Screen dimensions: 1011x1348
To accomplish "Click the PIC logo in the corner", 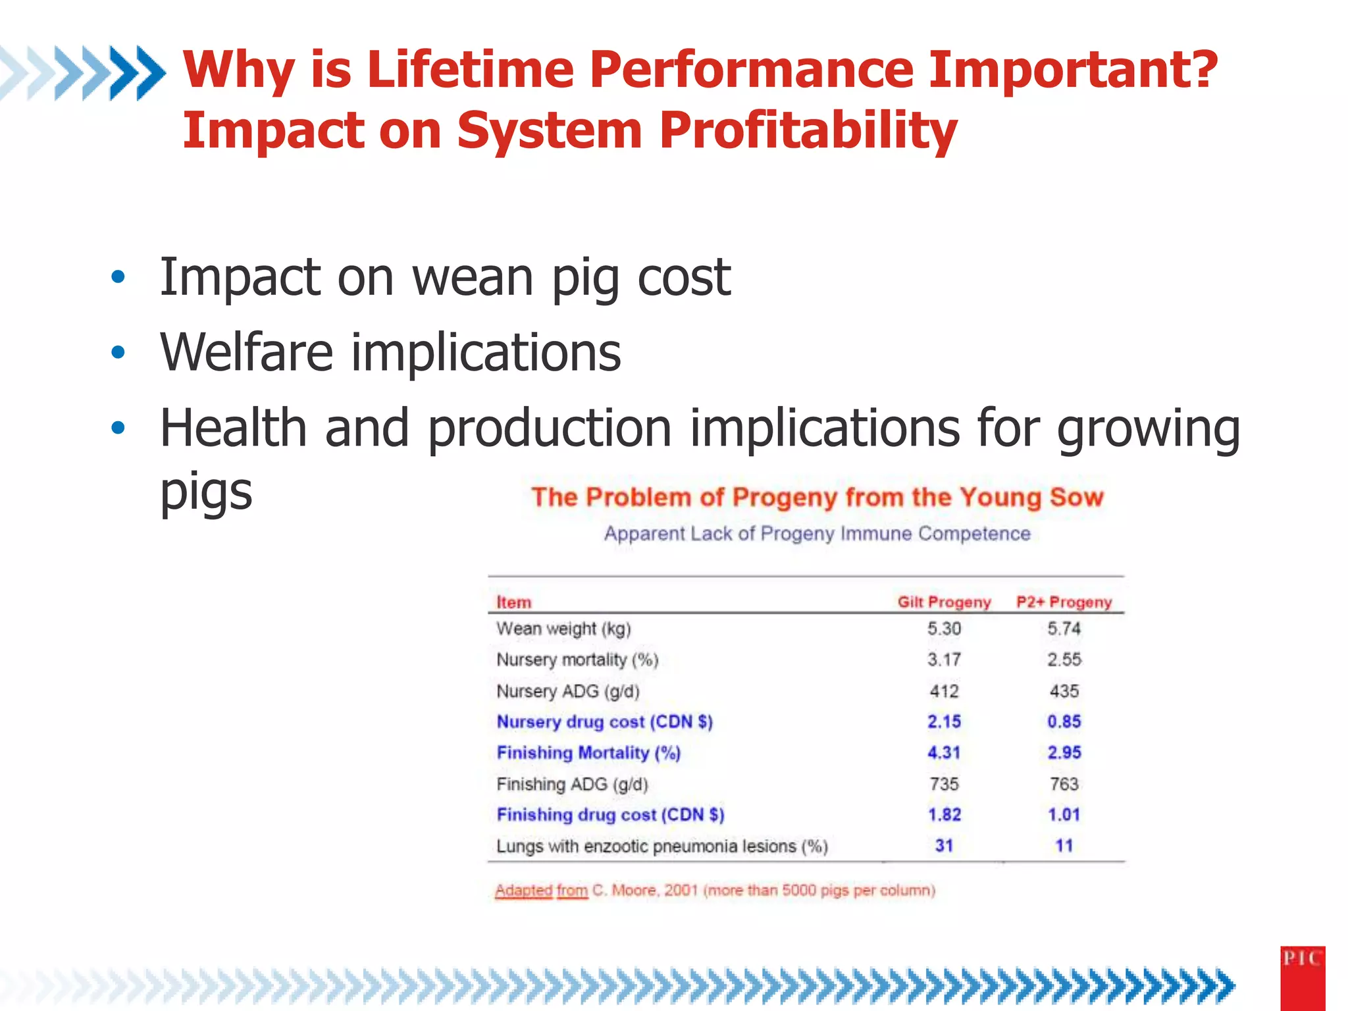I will tap(1302, 977).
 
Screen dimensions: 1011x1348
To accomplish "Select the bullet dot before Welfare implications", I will tap(118, 353).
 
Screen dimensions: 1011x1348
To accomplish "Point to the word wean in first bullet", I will tap(472, 278).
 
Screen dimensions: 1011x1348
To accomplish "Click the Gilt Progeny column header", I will tap(944, 602).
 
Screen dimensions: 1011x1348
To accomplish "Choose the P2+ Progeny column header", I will tap(1064, 602).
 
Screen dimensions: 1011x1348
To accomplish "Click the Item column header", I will tap(513, 602).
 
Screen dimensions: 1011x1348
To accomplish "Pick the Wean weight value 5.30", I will tap(944, 629).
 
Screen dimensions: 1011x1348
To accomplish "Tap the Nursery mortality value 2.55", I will tap(1064, 660).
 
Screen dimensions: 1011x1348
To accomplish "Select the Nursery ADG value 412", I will tap(944, 691).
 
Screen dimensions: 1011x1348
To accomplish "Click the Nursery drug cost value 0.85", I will tap(1064, 721).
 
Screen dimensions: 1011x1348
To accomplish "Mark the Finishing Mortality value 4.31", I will tap(944, 752).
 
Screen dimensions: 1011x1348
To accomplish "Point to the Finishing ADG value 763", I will tap(1064, 784).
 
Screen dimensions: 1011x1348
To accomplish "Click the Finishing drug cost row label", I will tap(610, 815).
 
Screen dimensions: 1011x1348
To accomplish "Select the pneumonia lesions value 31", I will tap(944, 846).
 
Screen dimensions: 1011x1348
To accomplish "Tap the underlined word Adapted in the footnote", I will tap(523, 891).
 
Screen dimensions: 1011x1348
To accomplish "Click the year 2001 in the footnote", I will tap(681, 891).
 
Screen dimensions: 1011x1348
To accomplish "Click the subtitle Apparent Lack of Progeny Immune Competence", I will tap(817, 533).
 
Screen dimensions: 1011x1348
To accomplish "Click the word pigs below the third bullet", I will tap(206, 491).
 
